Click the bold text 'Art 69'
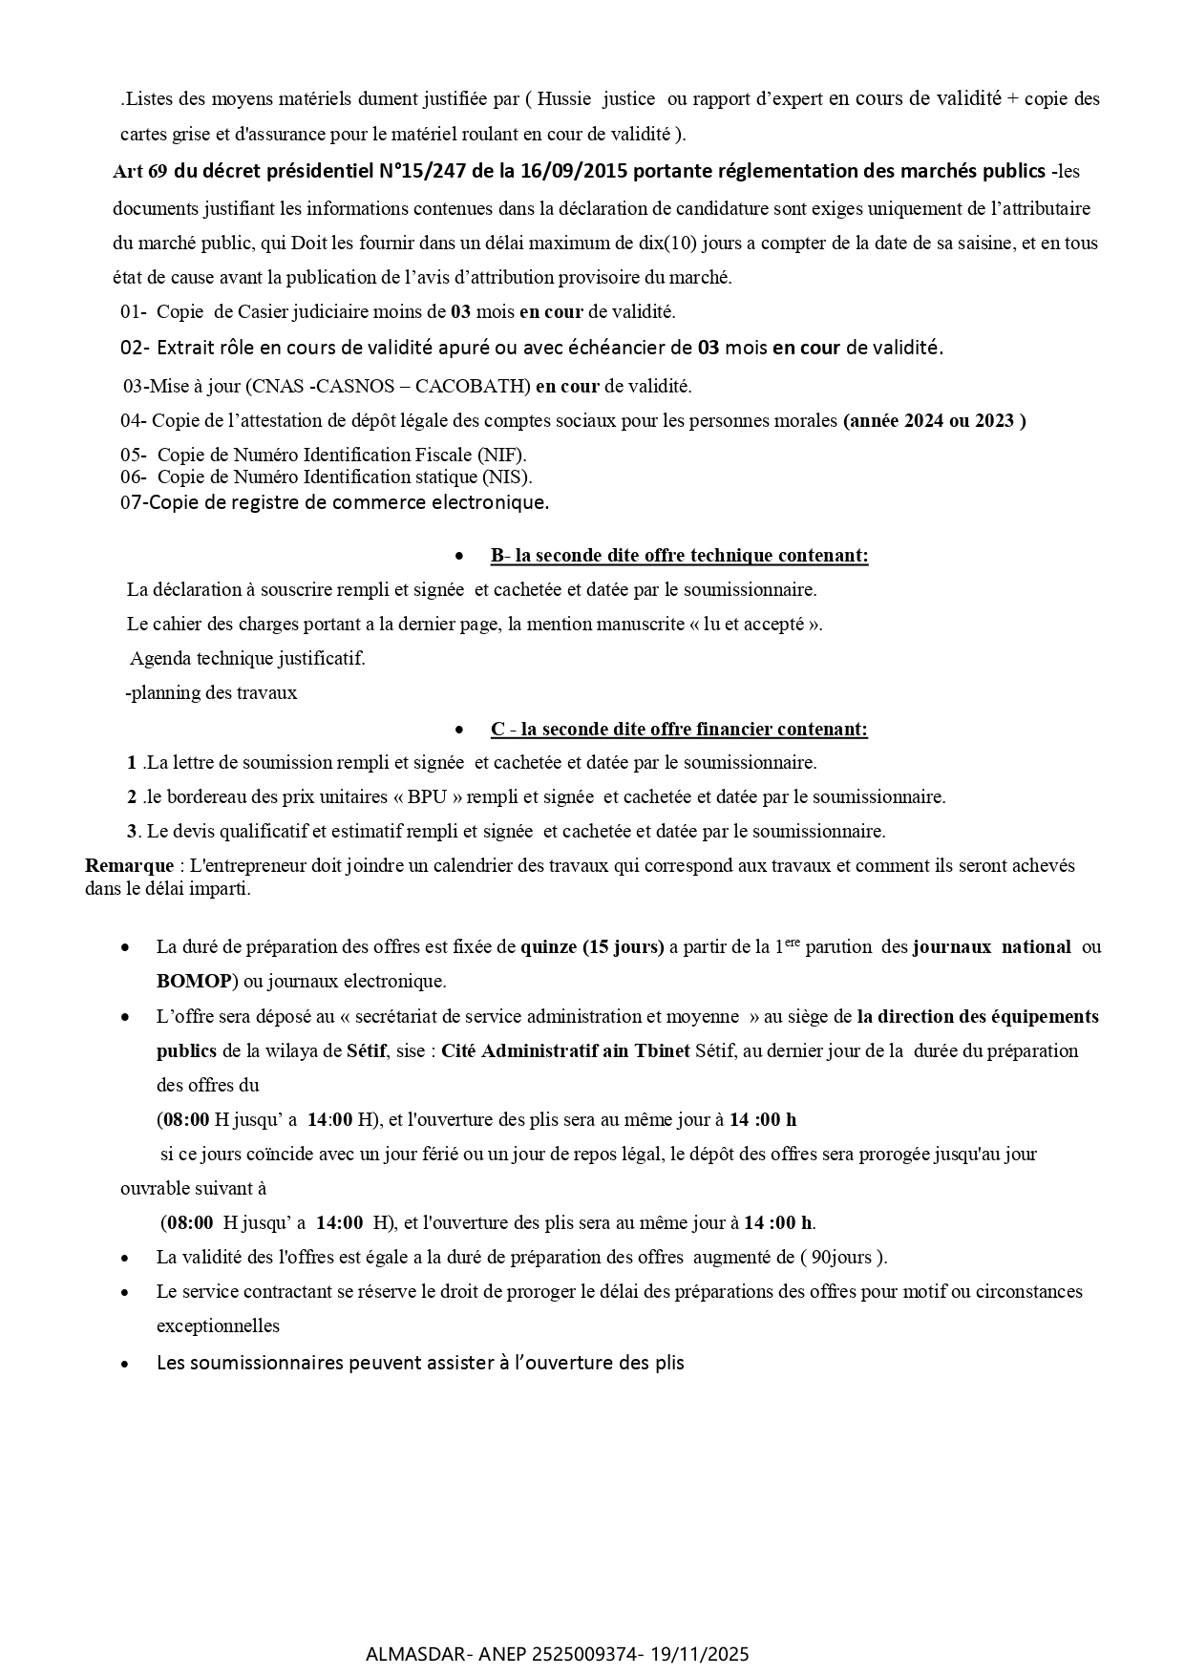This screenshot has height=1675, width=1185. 139,172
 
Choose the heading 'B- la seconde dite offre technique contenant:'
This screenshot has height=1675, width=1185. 679,556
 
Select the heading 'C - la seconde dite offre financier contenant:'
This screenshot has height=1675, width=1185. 679,730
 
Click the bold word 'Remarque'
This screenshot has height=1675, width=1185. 129,866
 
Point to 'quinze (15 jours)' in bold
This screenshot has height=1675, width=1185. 592,947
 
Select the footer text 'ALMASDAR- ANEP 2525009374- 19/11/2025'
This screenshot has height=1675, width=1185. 558,1654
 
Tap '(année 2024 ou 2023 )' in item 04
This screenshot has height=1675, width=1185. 934,421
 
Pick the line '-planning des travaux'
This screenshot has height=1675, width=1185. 211,693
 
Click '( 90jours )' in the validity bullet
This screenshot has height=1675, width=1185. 843,1258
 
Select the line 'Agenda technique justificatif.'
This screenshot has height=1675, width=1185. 247,659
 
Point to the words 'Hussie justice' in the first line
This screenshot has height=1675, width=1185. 597,99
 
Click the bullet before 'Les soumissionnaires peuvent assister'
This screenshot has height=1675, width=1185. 126,1365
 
